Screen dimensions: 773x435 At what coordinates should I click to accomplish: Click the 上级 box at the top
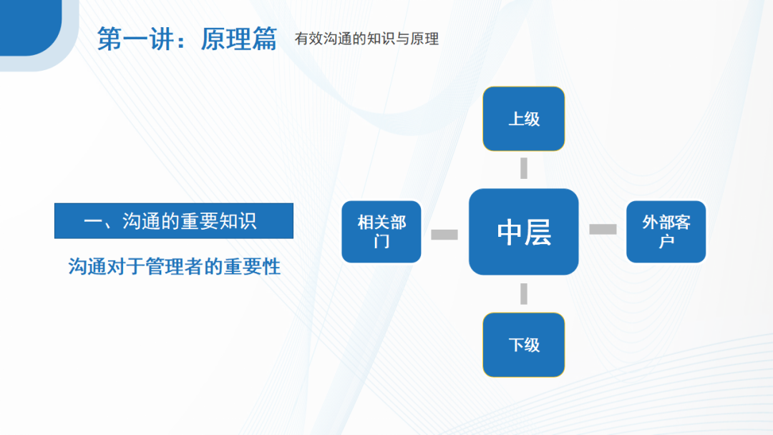pyautogui.click(x=523, y=119)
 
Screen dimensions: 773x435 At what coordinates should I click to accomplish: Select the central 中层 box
pyautogui.click(x=523, y=232)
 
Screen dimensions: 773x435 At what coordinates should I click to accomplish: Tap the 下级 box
pyautogui.click(x=523, y=344)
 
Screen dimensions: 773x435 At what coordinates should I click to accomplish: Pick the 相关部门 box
pyautogui.click(x=381, y=232)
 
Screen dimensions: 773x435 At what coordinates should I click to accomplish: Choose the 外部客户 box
pyautogui.click(x=666, y=232)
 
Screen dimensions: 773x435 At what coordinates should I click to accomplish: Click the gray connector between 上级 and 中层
pyautogui.click(x=523, y=168)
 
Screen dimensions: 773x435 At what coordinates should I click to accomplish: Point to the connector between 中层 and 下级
pyautogui.click(x=523, y=293)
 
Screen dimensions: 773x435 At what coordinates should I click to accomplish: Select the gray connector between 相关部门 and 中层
pyautogui.click(x=444, y=234)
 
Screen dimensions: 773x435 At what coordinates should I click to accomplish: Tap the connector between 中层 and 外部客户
pyautogui.click(x=603, y=229)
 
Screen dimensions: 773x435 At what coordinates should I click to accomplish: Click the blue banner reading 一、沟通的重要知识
pyautogui.click(x=174, y=221)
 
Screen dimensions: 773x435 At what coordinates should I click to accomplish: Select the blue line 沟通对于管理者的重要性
pyautogui.click(x=174, y=267)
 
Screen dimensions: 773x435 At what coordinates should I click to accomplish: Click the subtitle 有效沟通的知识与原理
pyautogui.click(x=366, y=39)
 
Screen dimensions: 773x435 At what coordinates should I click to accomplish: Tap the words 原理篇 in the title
pyautogui.click(x=238, y=39)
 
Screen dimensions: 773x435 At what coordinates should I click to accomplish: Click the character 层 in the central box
pyautogui.click(x=538, y=233)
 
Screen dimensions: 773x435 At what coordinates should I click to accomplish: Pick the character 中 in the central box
pyautogui.click(x=510, y=233)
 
